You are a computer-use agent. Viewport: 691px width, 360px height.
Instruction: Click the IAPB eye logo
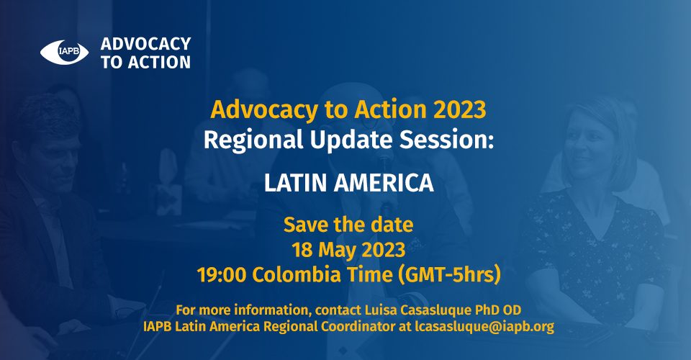click(x=64, y=53)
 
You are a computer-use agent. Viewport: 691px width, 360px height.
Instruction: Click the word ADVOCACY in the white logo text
click(x=146, y=44)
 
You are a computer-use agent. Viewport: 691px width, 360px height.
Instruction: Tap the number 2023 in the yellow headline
click(x=460, y=109)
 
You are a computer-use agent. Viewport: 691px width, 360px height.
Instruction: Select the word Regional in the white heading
click(x=253, y=140)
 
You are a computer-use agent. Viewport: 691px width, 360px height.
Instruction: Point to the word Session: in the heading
click(x=446, y=140)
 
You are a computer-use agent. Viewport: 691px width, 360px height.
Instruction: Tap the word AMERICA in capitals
click(x=384, y=183)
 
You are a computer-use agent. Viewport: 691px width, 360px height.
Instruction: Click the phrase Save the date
click(x=348, y=225)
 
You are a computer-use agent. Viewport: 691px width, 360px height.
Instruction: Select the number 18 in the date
click(x=302, y=251)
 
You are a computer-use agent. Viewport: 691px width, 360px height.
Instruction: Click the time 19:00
click(x=222, y=275)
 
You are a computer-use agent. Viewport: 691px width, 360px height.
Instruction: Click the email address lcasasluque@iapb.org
click(x=484, y=326)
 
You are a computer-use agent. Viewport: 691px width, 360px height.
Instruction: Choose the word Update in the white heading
click(x=351, y=140)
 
